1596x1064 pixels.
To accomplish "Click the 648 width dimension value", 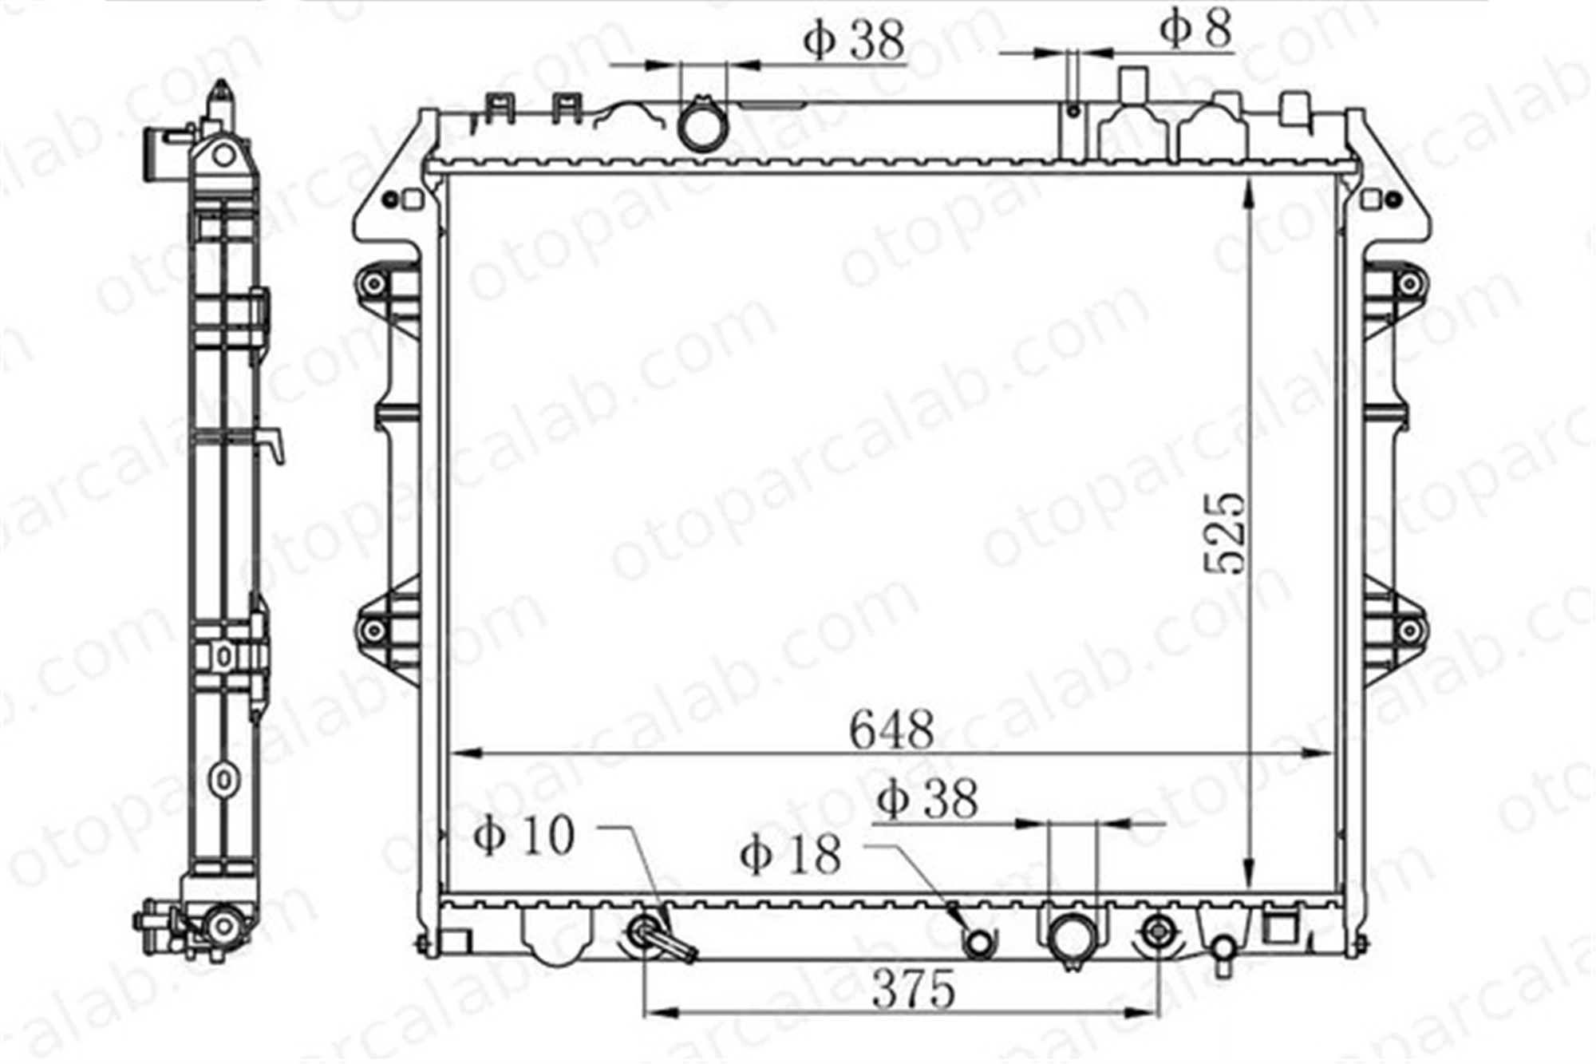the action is [891, 729].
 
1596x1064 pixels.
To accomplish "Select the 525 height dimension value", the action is [1224, 532].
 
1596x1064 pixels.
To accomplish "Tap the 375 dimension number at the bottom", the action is [913, 989].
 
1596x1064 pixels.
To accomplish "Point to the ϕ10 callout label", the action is [523, 836].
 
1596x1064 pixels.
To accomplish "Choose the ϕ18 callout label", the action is [790, 855].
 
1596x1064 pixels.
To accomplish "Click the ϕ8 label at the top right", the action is [1195, 29].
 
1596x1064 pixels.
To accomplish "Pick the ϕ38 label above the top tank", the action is [854, 39].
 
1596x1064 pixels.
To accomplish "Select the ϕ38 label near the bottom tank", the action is [926, 797].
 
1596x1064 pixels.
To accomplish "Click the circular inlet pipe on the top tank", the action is [701, 124].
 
